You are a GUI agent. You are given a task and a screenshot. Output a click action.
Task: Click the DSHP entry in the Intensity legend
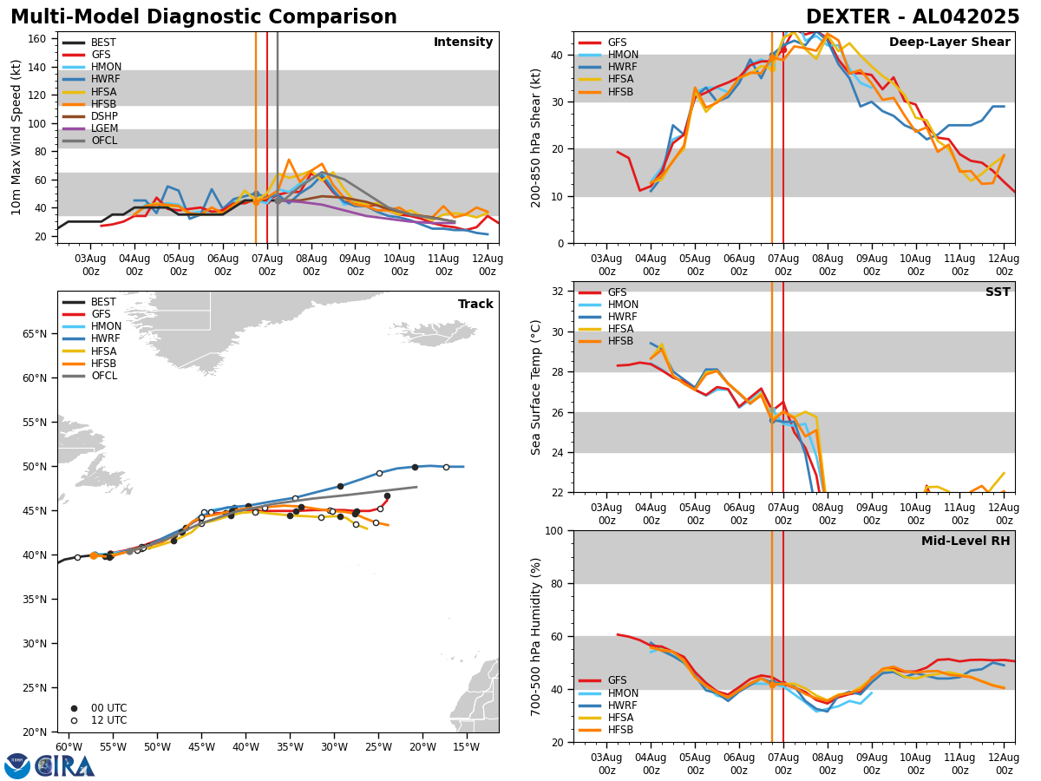pyautogui.click(x=104, y=116)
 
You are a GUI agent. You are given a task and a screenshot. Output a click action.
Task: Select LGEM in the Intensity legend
pyautogui.click(x=104, y=128)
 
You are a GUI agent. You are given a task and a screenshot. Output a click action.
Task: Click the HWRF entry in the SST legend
pyautogui.click(x=623, y=318)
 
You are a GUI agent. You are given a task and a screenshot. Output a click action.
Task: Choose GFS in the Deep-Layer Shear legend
pyautogui.click(x=618, y=43)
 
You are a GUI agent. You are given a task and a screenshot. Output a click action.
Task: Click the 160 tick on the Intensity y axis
pyautogui.click(x=39, y=39)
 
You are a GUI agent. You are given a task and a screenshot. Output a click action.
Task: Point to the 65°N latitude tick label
pyautogui.click(x=35, y=334)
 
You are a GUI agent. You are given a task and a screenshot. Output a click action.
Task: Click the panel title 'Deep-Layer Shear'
pyautogui.click(x=949, y=43)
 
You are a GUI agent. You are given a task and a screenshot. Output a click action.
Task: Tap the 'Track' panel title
pyautogui.click(x=475, y=305)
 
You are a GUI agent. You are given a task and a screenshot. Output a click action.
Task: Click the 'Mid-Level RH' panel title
pyautogui.click(x=966, y=541)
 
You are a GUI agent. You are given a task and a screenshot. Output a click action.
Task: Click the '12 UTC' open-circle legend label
pyautogui.click(x=108, y=721)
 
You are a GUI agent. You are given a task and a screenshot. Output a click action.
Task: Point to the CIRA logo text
pyautogui.click(x=66, y=766)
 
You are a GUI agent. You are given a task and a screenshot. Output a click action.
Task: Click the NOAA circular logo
pyautogui.click(x=17, y=766)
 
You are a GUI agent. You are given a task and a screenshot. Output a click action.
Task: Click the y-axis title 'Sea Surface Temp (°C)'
pyautogui.click(x=537, y=387)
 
